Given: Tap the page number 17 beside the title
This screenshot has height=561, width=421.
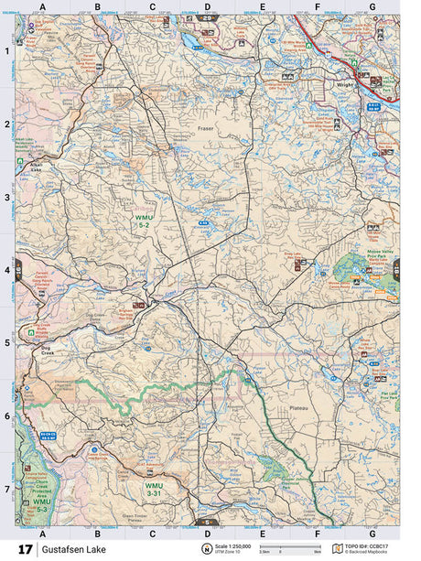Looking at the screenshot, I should pyautogui.click(x=25, y=549).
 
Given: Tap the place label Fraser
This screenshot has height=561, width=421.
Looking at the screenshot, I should pyautogui.click(x=205, y=130).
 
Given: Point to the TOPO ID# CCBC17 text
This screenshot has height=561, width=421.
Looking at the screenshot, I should pyautogui.click(x=365, y=545).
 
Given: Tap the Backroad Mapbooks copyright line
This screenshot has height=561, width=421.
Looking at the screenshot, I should pyautogui.click(x=366, y=553).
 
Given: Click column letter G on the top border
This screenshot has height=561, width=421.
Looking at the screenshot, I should pyautogui.click(x=372, y=6).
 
